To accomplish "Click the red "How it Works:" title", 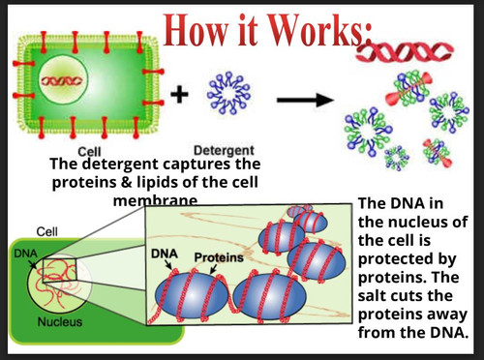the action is tap(268, 31).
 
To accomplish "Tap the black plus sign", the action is tap(179, 95).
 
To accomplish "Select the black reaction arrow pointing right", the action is tap(305, 100).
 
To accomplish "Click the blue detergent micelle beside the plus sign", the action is tap(228, 93).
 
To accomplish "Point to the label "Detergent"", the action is tap(224, 150).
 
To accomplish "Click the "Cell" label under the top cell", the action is tap(89, 151).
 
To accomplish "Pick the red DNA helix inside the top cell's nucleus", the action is tap(61, 80).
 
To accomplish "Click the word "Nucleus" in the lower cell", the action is tap(60, 321).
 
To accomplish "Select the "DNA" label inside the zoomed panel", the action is tap(165, 254).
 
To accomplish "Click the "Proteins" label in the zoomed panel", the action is tap(219, 257).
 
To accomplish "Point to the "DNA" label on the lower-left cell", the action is tap(25, 254).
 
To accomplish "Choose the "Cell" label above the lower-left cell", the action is tap(47, 231).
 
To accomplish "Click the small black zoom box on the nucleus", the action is tap(59, 270).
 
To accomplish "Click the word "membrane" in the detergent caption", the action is tap(155, 201).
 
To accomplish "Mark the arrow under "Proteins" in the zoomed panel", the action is tap(213, 269).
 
